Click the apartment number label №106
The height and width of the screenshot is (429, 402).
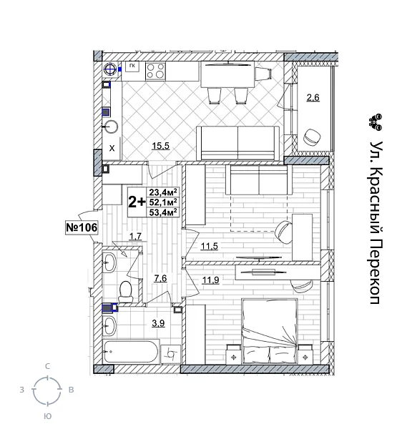(81, 227)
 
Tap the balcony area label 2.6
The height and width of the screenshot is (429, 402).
(313, 97)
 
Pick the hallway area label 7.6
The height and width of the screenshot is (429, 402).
(160, 278)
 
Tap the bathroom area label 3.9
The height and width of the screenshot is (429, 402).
(157, 324)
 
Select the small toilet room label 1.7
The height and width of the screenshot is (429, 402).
(135, 235)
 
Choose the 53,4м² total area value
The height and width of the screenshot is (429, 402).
(163, 212)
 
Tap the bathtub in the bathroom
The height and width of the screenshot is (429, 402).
(130, 352)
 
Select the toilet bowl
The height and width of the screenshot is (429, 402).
(125, 290)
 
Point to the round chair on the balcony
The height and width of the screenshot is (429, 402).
(312, 136)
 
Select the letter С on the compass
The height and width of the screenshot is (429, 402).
(47, 366)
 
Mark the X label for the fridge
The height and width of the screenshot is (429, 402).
(112, 149)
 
